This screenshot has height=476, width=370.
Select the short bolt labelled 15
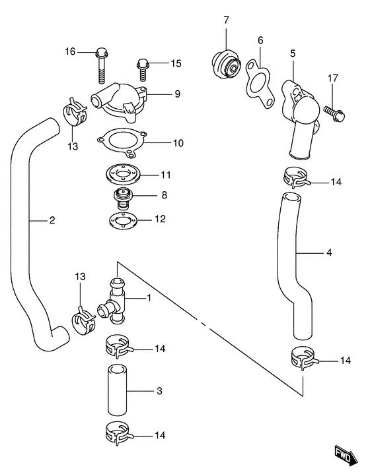click(x=142, y=65)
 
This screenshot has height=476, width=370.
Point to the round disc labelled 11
click(x=123, y=175)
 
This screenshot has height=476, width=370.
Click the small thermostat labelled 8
click(x=123, y=197)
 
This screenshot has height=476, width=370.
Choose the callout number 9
click(x=177, y=94)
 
